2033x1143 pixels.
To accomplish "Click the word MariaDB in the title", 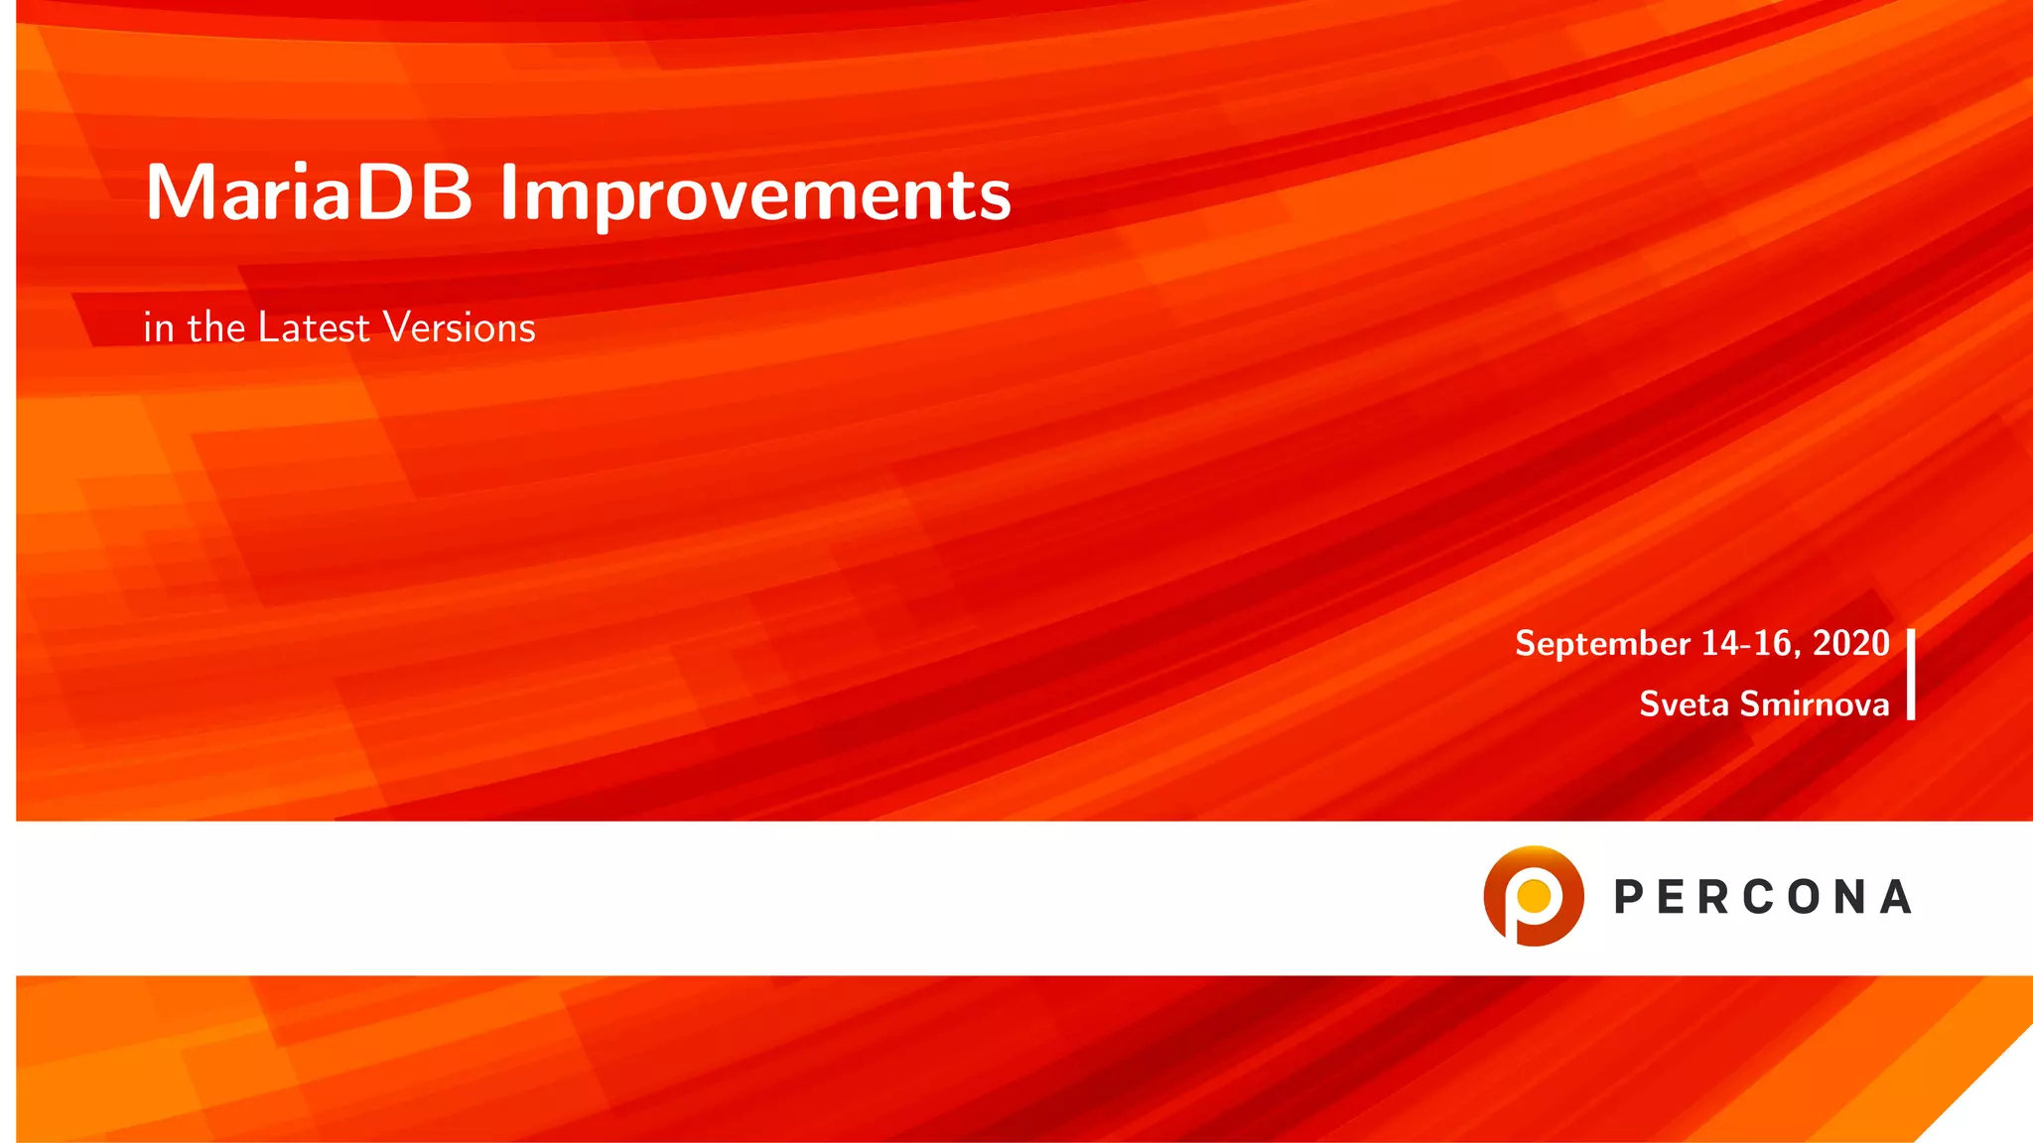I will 309,192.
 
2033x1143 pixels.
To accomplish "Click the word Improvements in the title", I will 754,194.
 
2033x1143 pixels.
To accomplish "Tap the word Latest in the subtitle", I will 314,327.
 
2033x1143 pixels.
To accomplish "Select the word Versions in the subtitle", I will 460,327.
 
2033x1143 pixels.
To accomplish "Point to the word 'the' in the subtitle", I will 215,327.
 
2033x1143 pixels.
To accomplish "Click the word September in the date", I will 1602,644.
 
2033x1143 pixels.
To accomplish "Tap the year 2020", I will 1850,643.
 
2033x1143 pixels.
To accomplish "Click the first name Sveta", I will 1684,703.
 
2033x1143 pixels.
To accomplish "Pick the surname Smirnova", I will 1814,703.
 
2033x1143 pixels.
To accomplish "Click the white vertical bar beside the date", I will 1911,674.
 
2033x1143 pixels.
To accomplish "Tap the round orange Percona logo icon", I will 1533,895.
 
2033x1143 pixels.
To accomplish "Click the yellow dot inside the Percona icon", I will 1535,895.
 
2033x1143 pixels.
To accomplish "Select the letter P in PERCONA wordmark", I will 1630,897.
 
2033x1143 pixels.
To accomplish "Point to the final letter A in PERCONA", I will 1896,897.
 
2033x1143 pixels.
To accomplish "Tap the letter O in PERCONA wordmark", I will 1805,897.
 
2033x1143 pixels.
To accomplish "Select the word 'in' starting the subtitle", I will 158,327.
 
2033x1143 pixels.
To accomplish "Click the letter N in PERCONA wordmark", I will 1850,897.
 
